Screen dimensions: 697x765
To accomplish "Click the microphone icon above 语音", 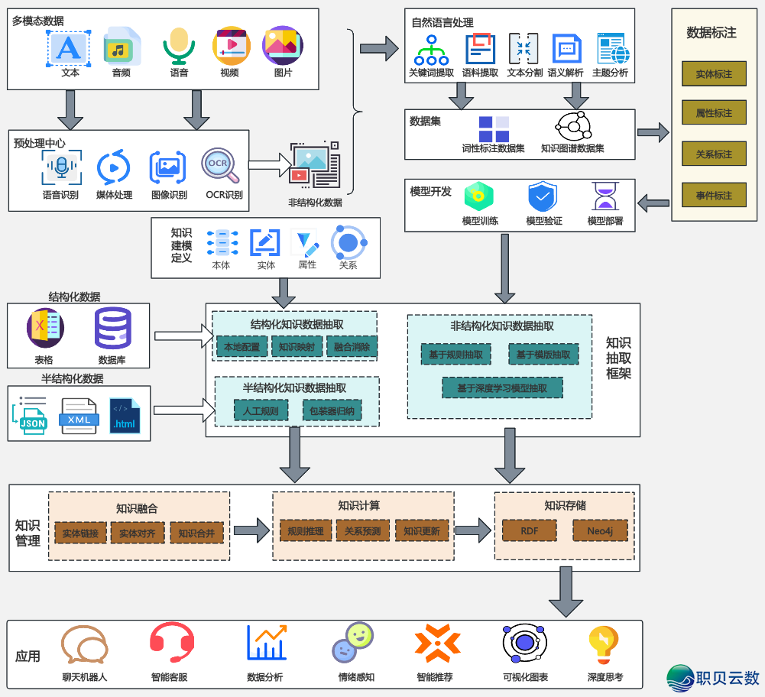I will pyautogui.click(x=180, y=47).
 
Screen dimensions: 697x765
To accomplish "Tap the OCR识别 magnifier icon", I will pyautogui.click(x=220, y=166).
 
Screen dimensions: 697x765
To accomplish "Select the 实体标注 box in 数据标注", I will pyautogui.click(x=714, y=74).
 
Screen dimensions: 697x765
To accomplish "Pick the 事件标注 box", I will pyautogui.click(x=714, y=195).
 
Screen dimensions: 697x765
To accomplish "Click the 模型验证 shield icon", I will pyautogui.click(x=543, y=197).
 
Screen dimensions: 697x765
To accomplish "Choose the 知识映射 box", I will pyautogui.click(x=296, y=347).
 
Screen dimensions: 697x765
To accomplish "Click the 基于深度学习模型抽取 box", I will pyautogui.click(x=502, y=387).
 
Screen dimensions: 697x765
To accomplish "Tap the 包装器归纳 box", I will pyautogui.click(x=332, y=411).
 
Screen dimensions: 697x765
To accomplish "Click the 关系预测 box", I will pyautogui.click(x=363, y=531).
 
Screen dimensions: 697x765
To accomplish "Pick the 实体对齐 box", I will pyautogui.click(x=137, y=533).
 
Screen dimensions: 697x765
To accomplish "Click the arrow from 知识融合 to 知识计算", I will pyautogui.click(x=251, y=530).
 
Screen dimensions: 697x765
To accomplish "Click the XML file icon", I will pyautogui.click(x=79, y=417).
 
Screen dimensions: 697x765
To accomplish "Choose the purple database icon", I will pyautogui.click(x=112, y=328).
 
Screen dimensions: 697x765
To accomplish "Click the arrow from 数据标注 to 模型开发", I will pyautogui.click(x=653, y=203).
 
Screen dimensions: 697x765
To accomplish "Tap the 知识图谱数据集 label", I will pyautogui.click(x=572, y=148).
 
